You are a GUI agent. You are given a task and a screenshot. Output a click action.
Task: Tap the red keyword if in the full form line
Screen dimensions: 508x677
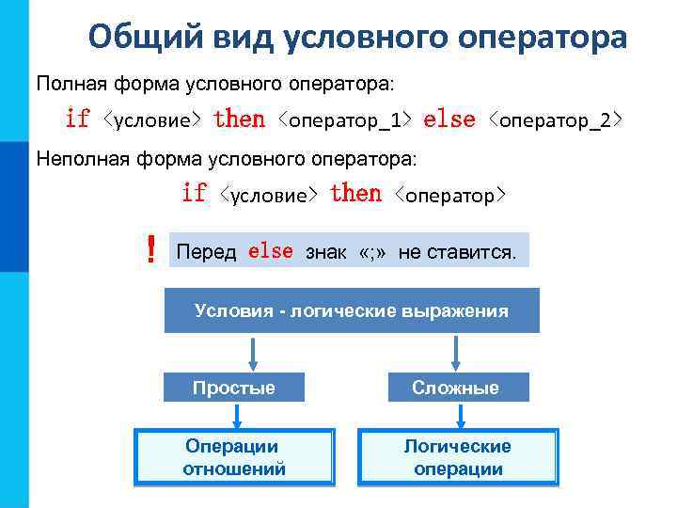click(77, 119)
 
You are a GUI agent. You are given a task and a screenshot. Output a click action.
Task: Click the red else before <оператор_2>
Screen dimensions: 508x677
click(449, 119)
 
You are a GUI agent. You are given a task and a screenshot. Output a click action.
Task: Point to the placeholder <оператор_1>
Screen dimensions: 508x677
click(345, 120)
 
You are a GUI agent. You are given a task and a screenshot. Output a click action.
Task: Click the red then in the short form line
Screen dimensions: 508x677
click(355, 194)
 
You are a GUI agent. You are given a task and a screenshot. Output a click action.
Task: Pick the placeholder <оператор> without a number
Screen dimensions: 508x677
click(451, 195)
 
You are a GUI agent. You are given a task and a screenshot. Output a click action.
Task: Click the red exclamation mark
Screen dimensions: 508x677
click(150, 251)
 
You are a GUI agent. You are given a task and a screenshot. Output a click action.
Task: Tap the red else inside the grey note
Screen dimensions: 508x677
click(271, 252)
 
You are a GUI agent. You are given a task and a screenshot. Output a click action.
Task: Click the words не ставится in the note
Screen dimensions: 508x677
click(457, 253)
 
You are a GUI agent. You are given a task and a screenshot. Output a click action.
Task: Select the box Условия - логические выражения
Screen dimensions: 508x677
click(351, 311)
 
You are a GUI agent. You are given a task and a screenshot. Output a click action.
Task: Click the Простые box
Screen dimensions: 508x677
click(234, 388)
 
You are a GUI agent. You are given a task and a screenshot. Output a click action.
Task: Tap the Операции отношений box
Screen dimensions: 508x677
click(234, 457)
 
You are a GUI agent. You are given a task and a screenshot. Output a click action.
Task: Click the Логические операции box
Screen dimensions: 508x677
click(458, 457)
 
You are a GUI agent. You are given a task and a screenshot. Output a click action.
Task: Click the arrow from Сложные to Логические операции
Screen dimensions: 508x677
click(458, 415)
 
